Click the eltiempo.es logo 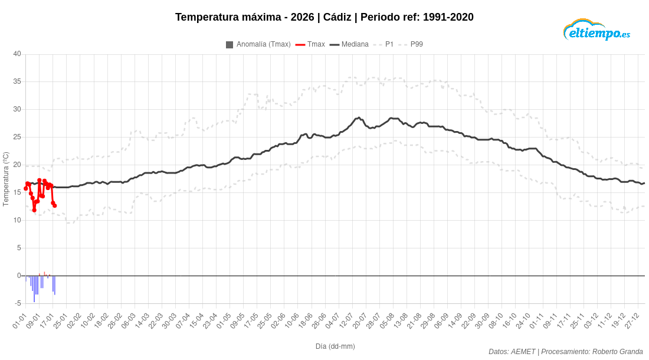tap(596, 30)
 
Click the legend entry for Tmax tap(310, 44)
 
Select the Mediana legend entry tap(349, 44)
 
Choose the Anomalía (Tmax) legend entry tap(258, 44)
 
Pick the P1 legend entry tap(383, 44)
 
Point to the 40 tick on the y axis tap(17, 54)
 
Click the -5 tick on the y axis tap(18, 303)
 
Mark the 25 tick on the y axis tap(17, 137)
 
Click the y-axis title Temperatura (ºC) tap(6, 179)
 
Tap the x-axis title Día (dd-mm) tap(335, 346)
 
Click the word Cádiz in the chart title tap(337, 17)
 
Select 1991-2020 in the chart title tap(448, 17)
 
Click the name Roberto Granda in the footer tap(618, 351)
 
